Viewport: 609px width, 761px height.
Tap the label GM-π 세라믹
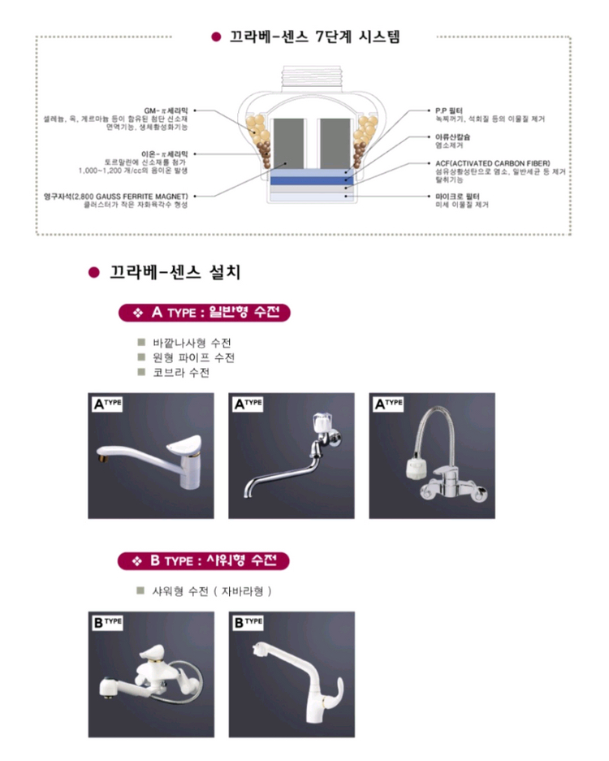tap(166, 110)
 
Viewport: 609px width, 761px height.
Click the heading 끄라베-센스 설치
tap(175, 272)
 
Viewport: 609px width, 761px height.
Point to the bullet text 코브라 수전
tap(181, 373)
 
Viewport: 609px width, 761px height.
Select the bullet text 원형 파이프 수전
tap(194, 358)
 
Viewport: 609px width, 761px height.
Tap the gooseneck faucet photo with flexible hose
tap(432, 456)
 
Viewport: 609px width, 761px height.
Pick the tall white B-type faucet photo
tap(292, 673)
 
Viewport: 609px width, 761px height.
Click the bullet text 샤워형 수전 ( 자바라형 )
tap(212, 590)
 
